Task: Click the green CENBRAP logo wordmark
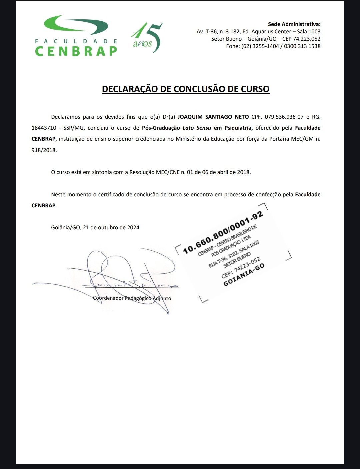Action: [76, 51]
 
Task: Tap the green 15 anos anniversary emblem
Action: [147, 38]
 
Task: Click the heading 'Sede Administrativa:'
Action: [294, 24]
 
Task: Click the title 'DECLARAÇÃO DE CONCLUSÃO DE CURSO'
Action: [186, 89]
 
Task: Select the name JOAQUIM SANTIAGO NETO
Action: [213, 117]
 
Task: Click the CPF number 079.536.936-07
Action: [284, 117]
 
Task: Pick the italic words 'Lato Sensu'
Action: [197, 128]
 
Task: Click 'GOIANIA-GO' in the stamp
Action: [244, 275]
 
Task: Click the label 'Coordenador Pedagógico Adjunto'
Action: [132, 298]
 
